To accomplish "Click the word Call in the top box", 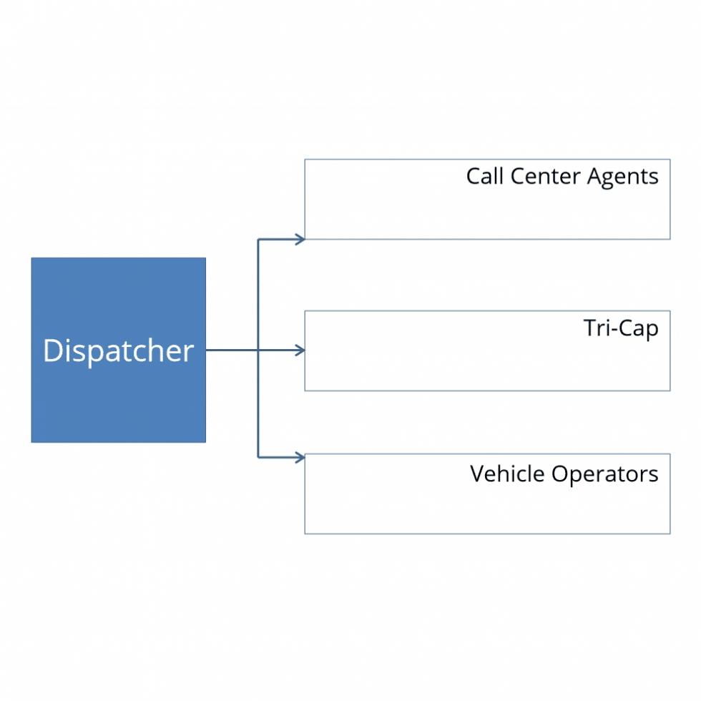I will [x=484, y=176].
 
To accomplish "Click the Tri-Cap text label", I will [x=620, y=328].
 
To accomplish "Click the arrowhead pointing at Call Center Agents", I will [x=300, y=240].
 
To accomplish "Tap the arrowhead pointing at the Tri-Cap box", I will [x=300, y=350].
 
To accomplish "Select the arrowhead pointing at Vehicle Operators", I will [x=300, y=457].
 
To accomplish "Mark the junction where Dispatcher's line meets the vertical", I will [x=258, y=350].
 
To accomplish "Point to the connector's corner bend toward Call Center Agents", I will [x=258, y=240].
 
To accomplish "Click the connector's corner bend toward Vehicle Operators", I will [x=258, y=457].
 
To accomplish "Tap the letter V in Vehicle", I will [x=477, y=474].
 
